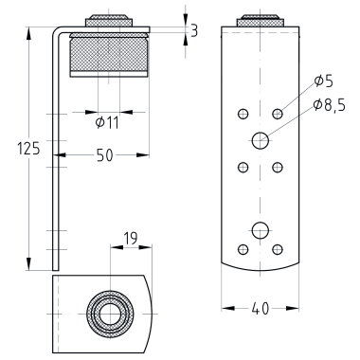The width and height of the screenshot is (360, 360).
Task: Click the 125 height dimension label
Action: [x=28, y=149]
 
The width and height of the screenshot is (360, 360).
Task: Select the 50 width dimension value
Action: [x=105, y=155]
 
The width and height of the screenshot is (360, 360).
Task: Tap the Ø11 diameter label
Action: [x=107, y=123]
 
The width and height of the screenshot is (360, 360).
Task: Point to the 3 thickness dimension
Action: [x=194, y=31]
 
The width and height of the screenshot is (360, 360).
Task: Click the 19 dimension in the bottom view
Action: [x=131, y=239]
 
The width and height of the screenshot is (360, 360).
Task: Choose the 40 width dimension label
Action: [x=261, y=309]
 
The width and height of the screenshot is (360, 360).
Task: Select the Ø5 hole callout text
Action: [x=324, y=81]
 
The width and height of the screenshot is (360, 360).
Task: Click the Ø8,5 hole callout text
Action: [x=330, y=105]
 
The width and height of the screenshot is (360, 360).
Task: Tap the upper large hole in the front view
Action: [x=261, y=140]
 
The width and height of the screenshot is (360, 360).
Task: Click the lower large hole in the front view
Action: [x=261, y=230]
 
